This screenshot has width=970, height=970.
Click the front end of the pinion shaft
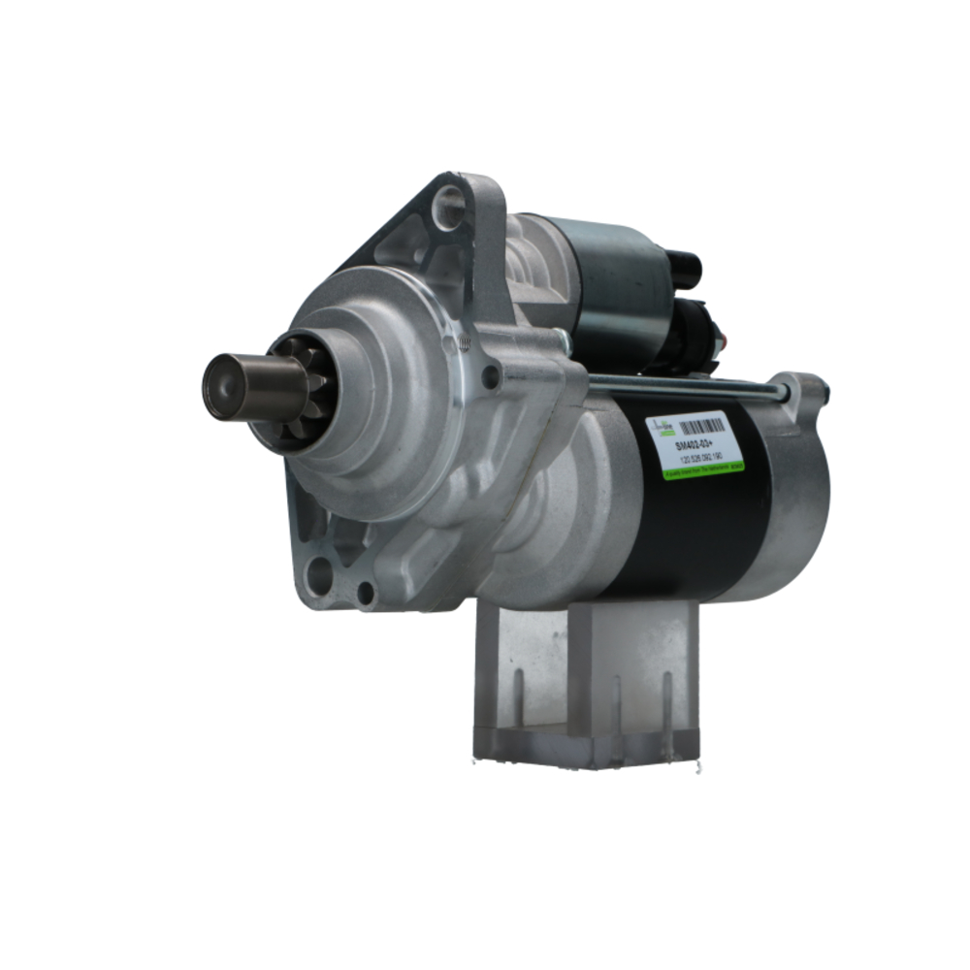coord(217,385)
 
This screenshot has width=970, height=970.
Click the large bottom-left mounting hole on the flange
coord(318,576)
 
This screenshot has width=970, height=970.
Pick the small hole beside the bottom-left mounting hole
coord(366,593)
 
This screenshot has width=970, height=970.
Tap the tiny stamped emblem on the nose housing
coord(464,341)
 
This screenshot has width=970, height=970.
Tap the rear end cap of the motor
coord(795,485)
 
